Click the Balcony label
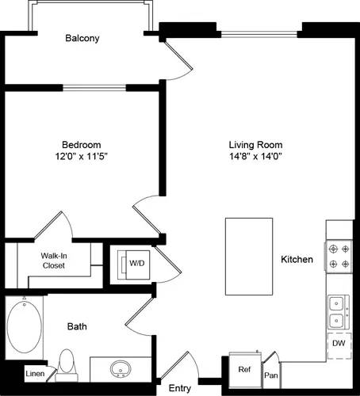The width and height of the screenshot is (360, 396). [82, 37]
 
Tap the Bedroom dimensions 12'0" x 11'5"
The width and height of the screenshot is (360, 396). [82, 157]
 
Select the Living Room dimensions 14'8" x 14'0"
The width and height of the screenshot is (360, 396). [255, 157]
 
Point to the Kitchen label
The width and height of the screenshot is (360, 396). [297, 260]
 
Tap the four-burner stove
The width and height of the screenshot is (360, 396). [339, 256]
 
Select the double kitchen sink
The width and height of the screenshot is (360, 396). [339, 311]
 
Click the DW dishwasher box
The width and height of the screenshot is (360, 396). [339, 344]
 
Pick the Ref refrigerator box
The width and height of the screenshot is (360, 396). [245, 367]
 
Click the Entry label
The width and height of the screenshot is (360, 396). [180, 388]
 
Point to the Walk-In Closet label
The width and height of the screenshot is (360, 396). [54, 261]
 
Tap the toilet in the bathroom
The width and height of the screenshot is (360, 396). [67, 365]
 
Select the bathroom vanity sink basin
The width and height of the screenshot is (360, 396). [121, 369]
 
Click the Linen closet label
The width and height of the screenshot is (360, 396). [34, 373]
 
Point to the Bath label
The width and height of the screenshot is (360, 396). [77, 326]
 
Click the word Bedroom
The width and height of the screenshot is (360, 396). [82, 145]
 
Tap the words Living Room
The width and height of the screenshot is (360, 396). [255, 145]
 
